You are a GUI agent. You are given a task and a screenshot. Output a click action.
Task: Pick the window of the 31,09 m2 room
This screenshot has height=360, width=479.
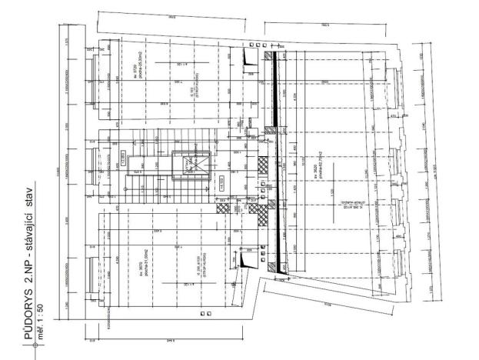click(x=91, y=273)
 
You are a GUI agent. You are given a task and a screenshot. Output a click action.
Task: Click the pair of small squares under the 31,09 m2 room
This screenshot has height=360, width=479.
click(x=204, y=314)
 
